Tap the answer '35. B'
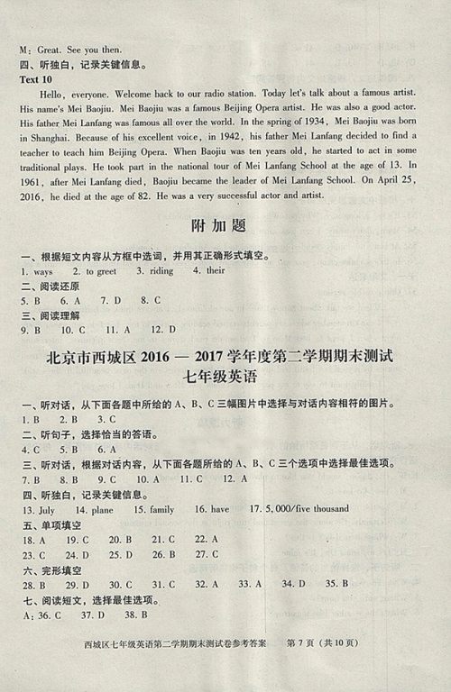click(x=337, y=585)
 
